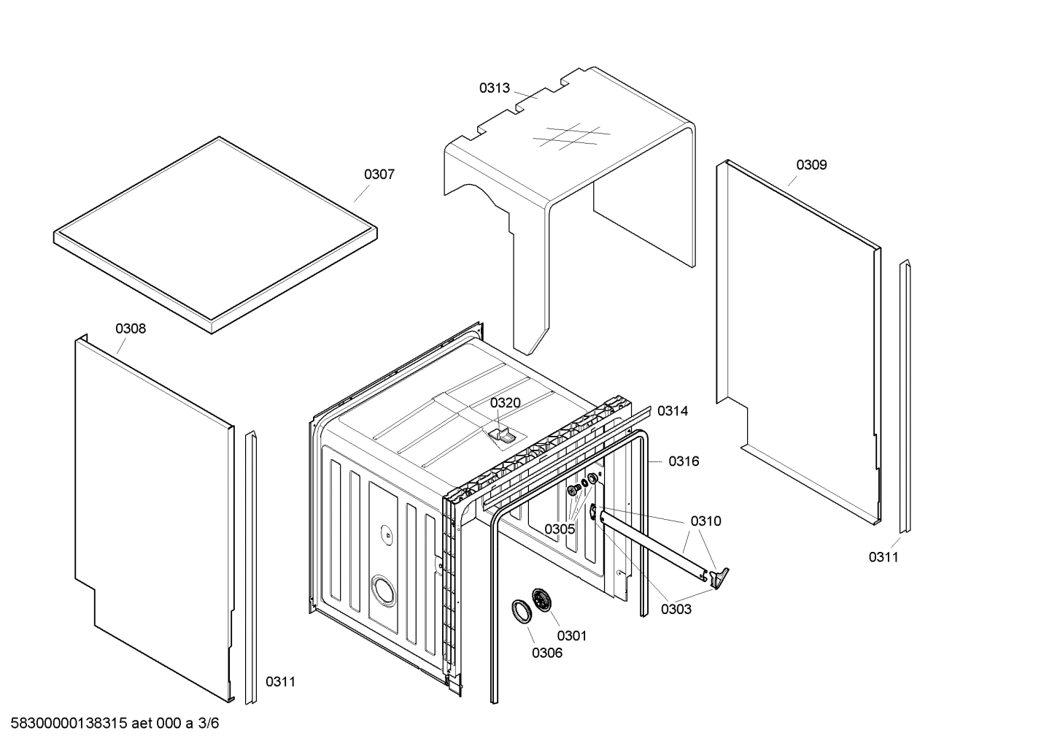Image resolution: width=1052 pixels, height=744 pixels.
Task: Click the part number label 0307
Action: tap(379, 175)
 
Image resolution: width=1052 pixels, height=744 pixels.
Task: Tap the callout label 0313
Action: tap(494, 88)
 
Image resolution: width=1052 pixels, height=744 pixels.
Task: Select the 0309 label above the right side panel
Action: tap(811, 165)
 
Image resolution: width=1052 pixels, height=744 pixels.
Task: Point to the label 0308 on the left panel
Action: tap(131, 329)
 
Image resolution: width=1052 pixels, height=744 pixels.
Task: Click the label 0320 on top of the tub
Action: tap(505, 403)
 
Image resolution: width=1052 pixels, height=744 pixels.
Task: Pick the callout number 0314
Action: tap(672, 411)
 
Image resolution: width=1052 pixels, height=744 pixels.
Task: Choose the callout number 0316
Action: tap(684, 461)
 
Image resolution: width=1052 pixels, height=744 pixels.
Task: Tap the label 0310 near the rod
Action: tap(705, 521)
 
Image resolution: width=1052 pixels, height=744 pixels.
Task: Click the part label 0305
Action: tap(560, 529)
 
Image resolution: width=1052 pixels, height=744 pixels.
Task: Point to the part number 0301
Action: tap(571, 636)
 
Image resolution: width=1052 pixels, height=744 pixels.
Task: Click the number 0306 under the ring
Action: tap(546, 653)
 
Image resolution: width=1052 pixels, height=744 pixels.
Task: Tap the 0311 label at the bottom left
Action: tap(280, 682)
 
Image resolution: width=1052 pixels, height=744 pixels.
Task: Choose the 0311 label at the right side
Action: tap(883, 558)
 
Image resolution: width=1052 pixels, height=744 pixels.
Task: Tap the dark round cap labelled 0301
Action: tap(541, 600)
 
